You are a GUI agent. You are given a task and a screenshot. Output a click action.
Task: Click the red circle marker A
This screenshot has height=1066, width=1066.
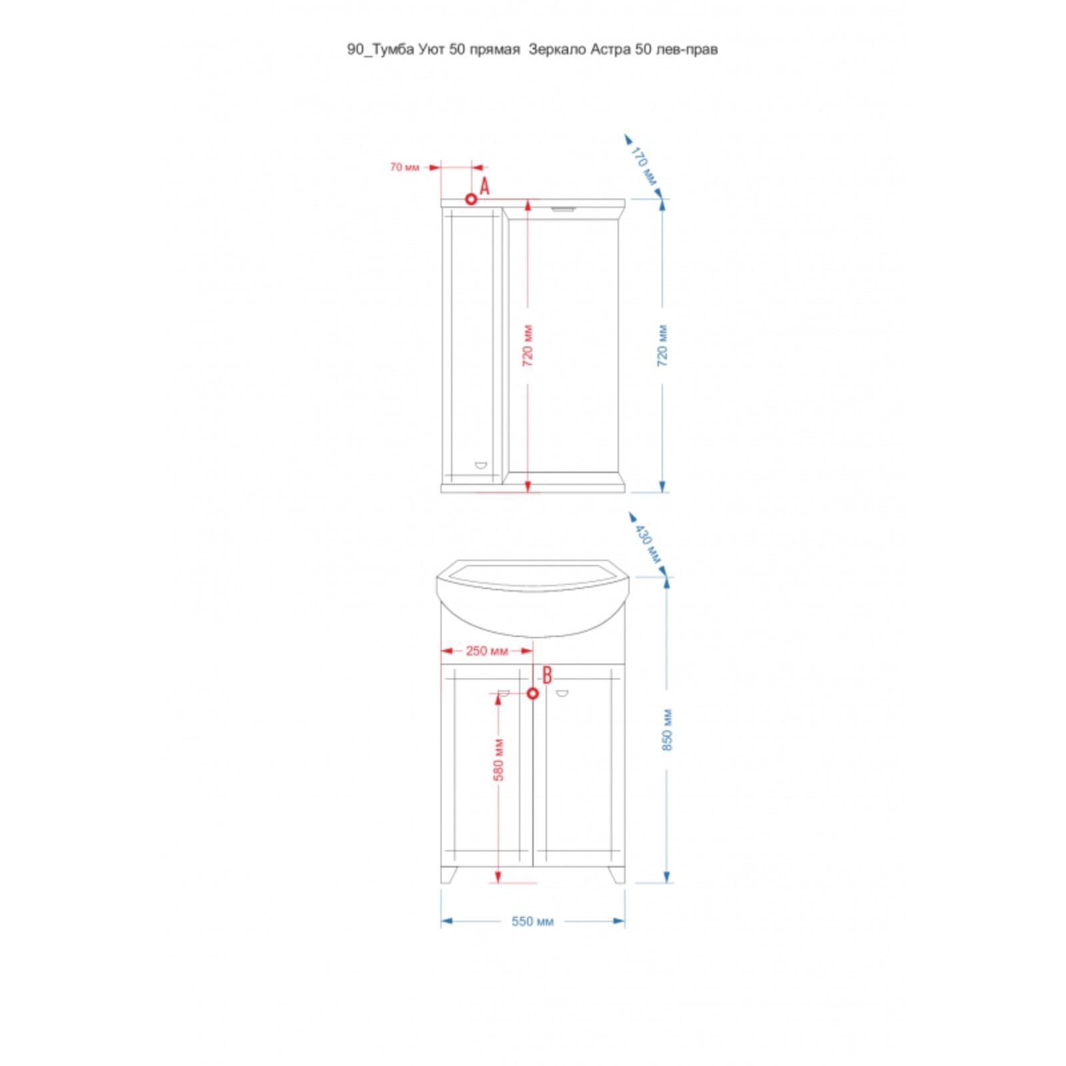[x=471, y=199]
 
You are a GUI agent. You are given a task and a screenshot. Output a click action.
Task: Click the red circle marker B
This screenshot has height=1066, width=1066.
[x=532, y=694]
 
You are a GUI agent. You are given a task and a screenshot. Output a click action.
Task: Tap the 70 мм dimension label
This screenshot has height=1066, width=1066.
[x=404, y=167]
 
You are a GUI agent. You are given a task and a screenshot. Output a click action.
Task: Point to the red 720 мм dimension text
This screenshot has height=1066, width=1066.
[x=528, y=347]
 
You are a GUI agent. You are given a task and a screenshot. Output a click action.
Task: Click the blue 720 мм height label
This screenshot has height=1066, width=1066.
[x=663, y=347]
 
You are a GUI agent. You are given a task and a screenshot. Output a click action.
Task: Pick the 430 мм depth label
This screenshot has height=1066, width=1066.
[x=647, y=544]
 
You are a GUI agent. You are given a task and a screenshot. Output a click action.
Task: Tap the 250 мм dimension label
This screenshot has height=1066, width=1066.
[x=486, y=651]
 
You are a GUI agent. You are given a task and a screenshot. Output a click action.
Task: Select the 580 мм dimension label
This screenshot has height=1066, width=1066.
[x=499, y=759]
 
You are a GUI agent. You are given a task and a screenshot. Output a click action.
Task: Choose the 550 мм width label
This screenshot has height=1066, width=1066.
[x=532, y=921]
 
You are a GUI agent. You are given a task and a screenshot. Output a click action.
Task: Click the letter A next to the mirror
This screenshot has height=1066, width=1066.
[x=484, y=187]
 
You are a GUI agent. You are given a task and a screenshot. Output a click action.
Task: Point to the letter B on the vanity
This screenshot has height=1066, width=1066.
[x=547, y=675]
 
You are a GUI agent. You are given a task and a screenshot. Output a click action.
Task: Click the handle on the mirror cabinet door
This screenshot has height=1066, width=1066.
[x=480, y=465]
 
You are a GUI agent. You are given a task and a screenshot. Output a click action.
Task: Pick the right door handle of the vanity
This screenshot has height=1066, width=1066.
[x=562, y=694]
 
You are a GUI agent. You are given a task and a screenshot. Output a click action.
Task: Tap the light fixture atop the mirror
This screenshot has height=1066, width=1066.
[x=564, y=209]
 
